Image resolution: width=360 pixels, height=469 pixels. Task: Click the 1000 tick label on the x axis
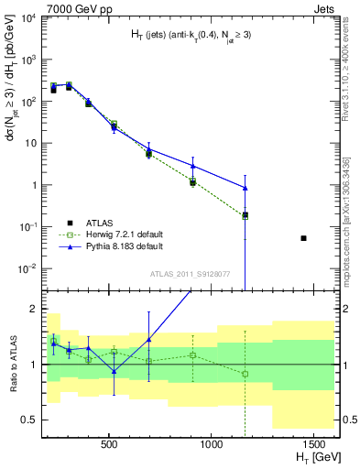click(212, 443)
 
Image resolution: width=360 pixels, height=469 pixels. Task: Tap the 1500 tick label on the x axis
click(314, 443)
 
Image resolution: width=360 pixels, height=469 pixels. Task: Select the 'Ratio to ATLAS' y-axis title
click(12, 364)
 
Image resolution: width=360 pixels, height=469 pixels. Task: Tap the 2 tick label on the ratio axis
click(34, 310)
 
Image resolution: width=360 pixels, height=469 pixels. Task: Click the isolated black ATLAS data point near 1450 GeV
click(304, 238)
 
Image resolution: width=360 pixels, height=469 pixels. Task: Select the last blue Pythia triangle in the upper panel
click(245, 188)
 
